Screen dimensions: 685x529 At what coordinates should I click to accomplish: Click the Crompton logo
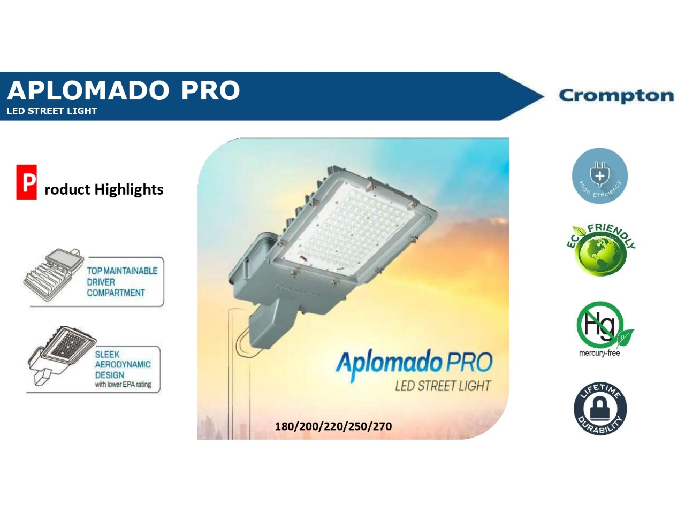(x=616, y=96)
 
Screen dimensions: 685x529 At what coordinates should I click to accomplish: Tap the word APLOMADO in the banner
(x=88, y=91)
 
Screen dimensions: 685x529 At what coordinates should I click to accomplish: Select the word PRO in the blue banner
(x=210, y=91)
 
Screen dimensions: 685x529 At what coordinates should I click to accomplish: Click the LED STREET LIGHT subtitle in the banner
(x=52, y=111)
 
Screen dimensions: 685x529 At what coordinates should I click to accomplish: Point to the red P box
(x=26, y=182)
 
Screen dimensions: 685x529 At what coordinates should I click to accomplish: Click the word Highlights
(x=129, y=190)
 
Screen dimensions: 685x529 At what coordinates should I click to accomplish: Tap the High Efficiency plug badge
(x=599, y=176)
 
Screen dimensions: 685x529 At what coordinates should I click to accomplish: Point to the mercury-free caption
(x=599, y=353)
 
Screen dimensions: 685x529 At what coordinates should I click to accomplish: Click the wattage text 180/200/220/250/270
(x=333, y=427)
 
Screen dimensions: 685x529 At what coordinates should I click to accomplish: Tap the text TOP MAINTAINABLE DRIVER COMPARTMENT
(x=122, y=282)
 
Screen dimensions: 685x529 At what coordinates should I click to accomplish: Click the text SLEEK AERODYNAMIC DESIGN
(x=123, y=365)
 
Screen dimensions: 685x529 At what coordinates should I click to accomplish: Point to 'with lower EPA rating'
(x=123, y=385)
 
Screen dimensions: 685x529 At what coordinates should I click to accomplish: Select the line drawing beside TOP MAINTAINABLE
(x=54, y=275)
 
